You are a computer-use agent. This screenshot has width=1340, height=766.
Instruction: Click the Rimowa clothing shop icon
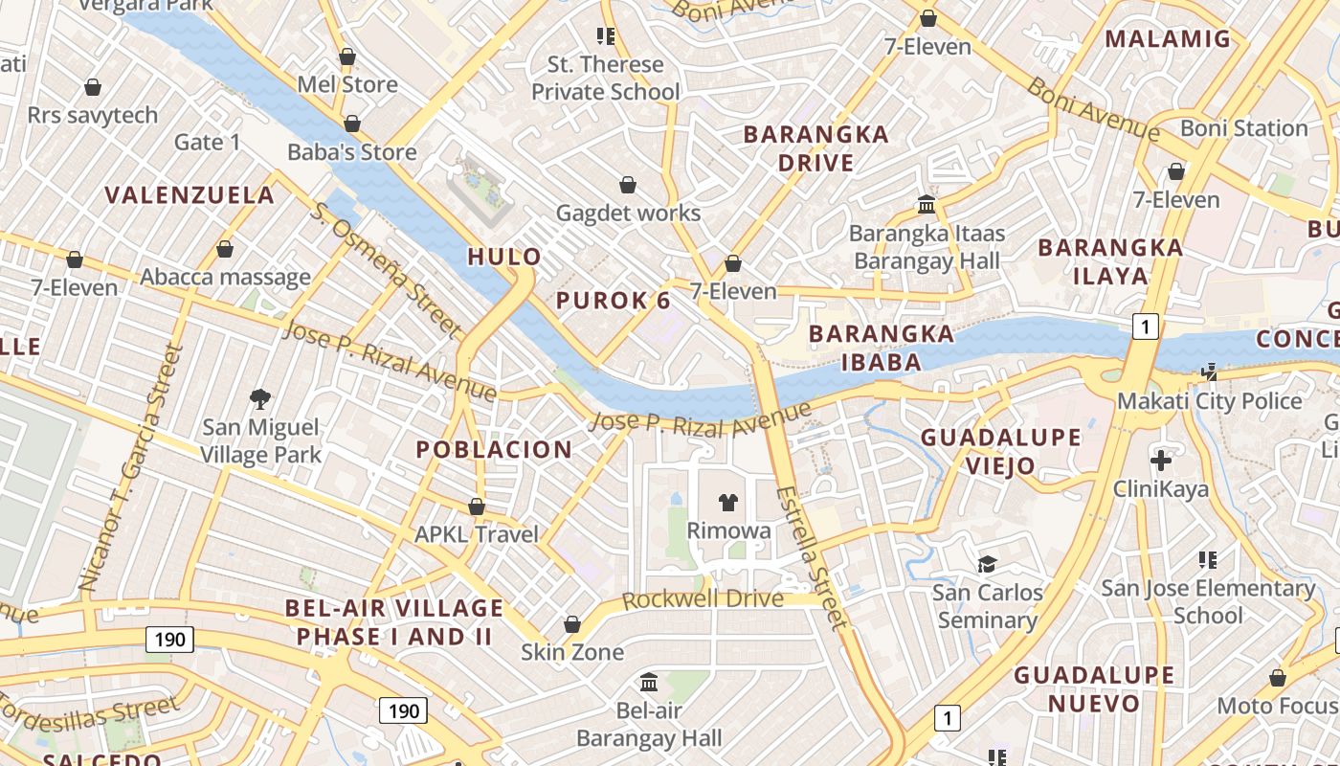point(728,502)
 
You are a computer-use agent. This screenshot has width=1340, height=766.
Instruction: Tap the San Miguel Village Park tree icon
point(259,398)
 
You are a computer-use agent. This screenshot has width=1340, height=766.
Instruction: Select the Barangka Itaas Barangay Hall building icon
point(927,204)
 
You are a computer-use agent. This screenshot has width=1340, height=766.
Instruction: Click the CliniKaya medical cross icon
point(1161,461)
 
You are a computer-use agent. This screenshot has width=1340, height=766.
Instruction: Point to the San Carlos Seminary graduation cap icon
point(988,564)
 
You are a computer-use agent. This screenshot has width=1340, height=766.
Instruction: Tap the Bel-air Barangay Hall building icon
point(649,683)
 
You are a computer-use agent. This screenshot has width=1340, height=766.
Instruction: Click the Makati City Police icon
point(1210,372)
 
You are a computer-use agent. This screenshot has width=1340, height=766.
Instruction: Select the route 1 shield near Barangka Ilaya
point(1145,327)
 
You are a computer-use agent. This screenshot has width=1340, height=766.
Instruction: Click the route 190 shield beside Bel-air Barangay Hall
point(404,710)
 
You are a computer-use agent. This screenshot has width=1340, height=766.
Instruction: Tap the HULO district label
point(504,257)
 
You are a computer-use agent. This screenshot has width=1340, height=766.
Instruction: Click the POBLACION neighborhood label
point(494,449)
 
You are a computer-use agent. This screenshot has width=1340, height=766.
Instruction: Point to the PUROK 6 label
point(614,301)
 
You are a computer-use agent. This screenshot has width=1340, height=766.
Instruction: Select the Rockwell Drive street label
point(703,600)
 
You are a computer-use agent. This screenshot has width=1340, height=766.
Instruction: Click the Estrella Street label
point(811,559)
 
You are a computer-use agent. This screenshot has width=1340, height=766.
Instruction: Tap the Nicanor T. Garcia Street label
point(128,468)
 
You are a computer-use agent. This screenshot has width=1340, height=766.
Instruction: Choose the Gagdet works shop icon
point(628,185)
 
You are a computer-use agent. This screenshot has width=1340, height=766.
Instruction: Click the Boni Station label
point(1243,128)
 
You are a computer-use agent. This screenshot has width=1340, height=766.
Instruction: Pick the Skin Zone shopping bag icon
point(572,625)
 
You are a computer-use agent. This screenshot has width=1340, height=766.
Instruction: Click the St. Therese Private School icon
point(605,36)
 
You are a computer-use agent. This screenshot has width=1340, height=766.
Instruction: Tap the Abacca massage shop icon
point(225,250)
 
